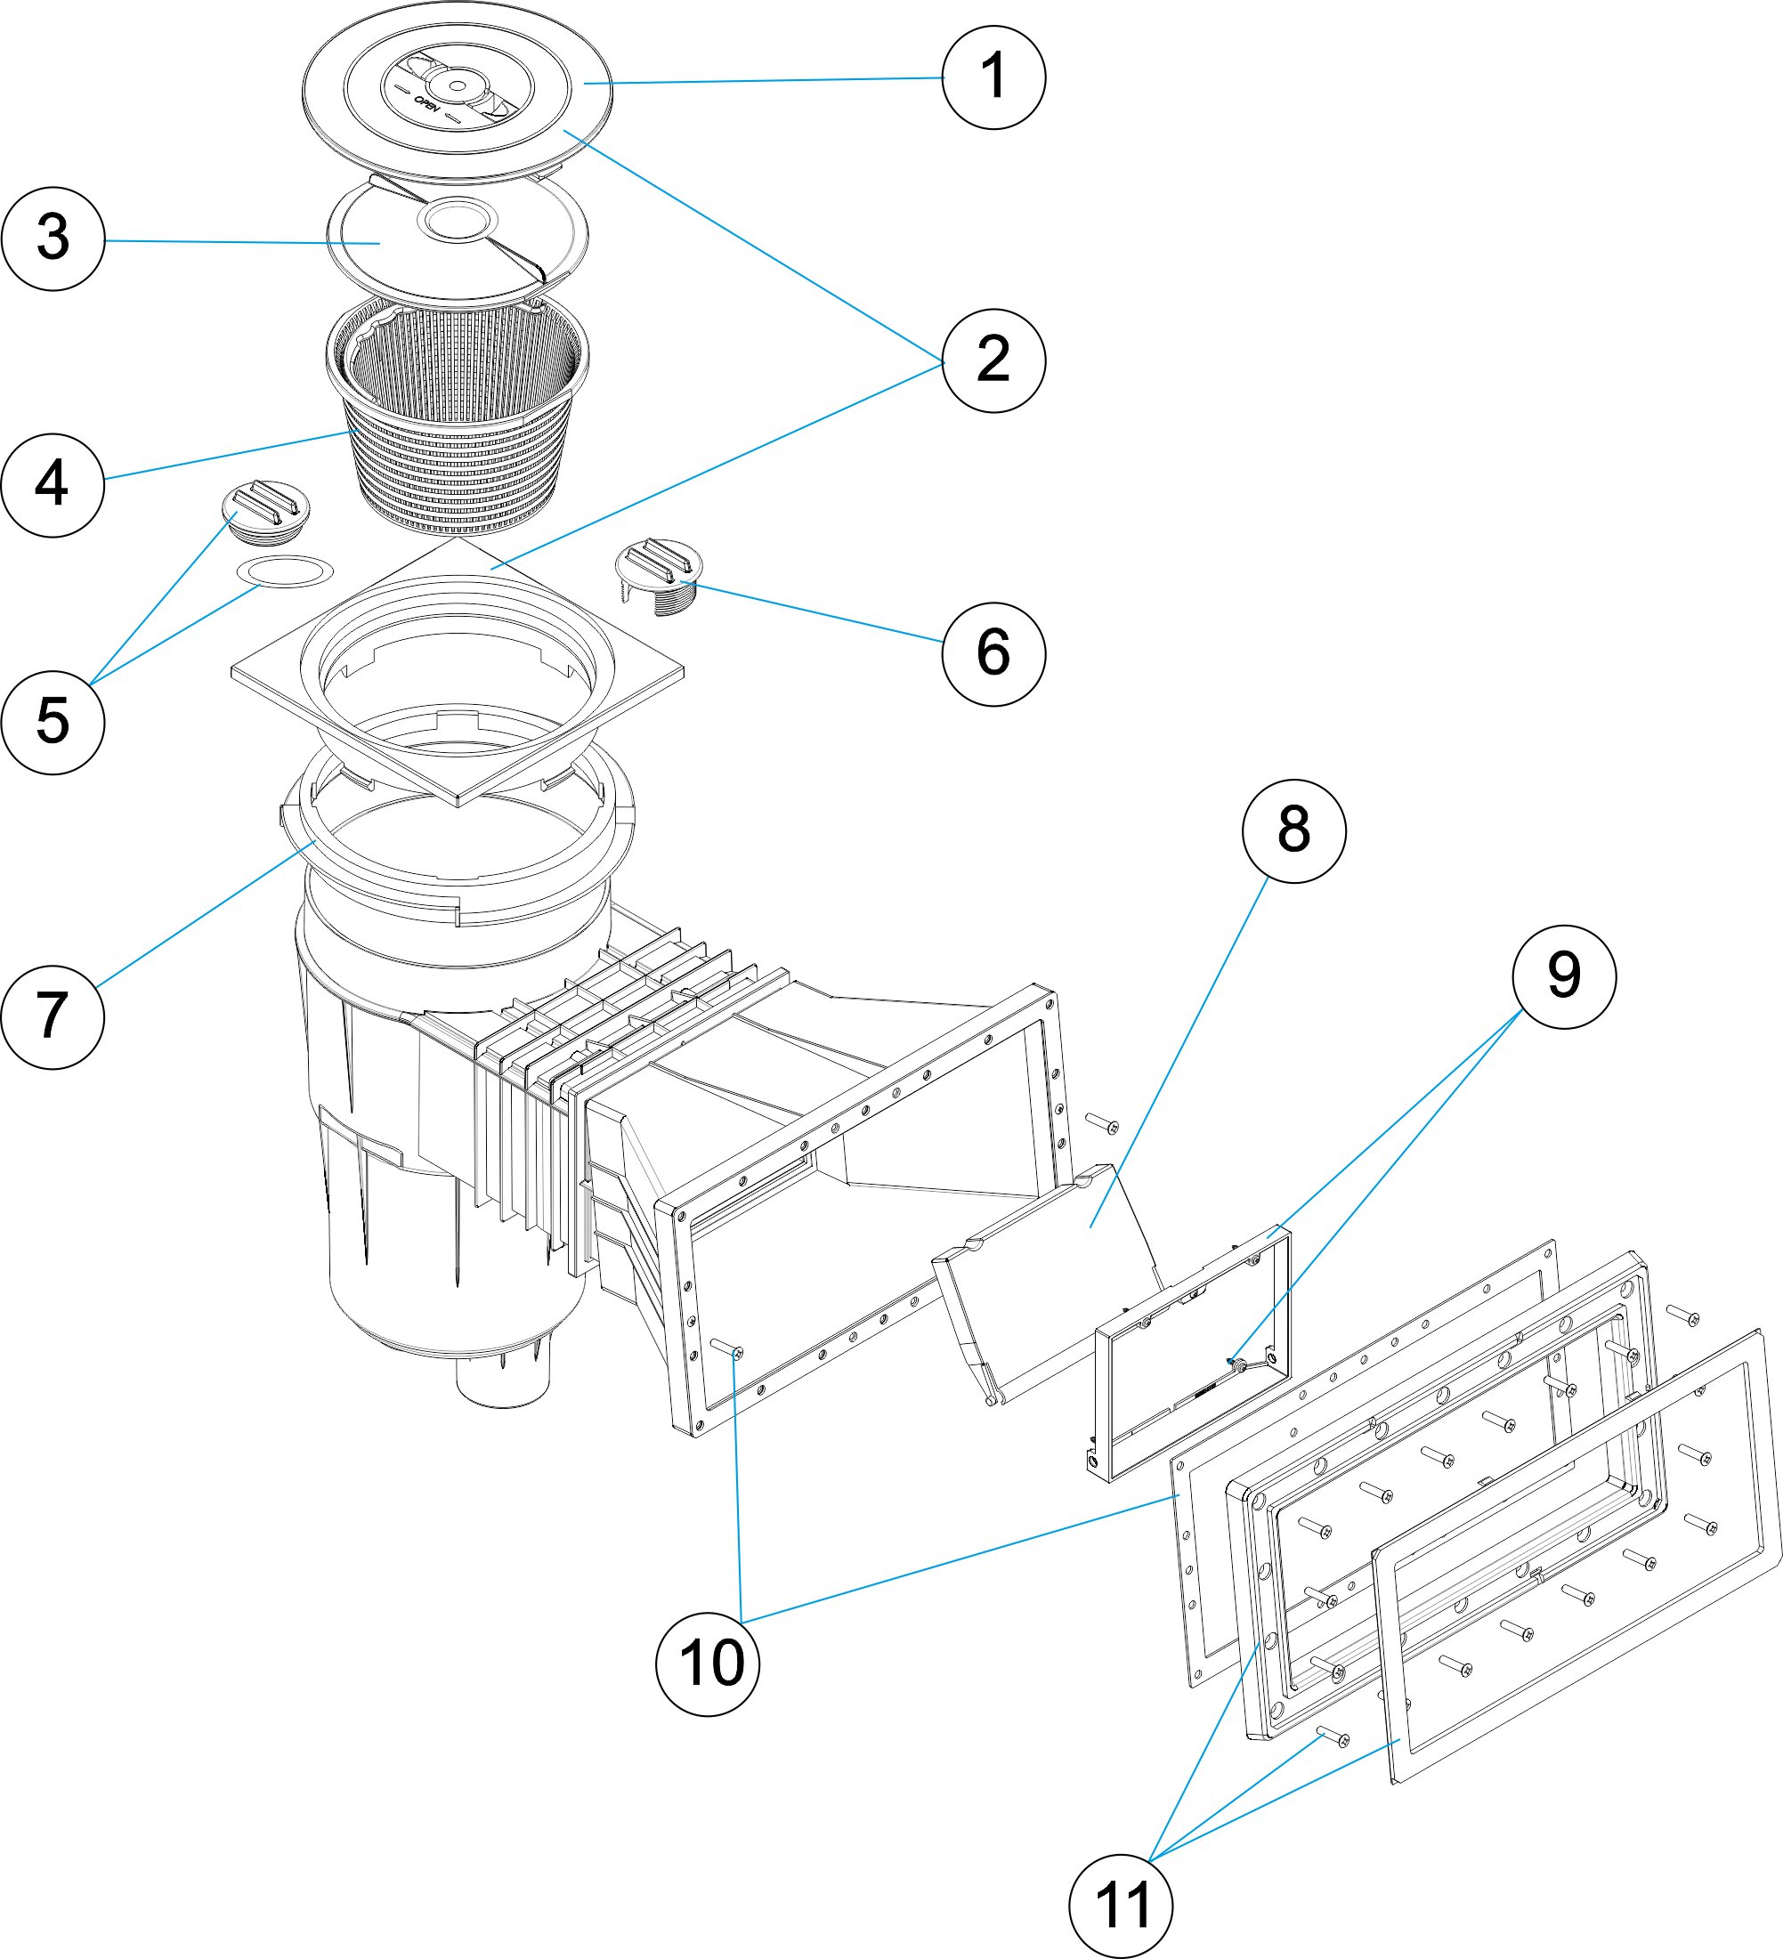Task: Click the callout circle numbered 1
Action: pyautogui.click(x=994, y=77)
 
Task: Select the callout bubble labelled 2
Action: pyautogui.click(x=994, y=360)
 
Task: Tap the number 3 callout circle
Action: pyautogui.click(x=53, y=239)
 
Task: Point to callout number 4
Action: pyautogui.click(x=53, y=485)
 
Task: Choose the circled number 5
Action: pyautogui.click(x=53, y=722)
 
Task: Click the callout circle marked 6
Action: pyautogui.click(x=994, y=653)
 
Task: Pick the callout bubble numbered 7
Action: pyautogui.click(x=53, y=1017)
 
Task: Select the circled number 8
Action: pyautogui.click(x=1294, y=830)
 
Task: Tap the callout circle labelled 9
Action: pyautogui.click(x=1564, y=976)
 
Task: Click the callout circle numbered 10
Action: pyautogui.click(x=709, y=1664)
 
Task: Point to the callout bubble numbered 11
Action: pyautogui.click(x=1122, y=1906)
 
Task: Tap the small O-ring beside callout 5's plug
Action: pyautogui.click(x=285, y=571)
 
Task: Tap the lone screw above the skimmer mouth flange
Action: pyautogui.click(x=1102, y=1123)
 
